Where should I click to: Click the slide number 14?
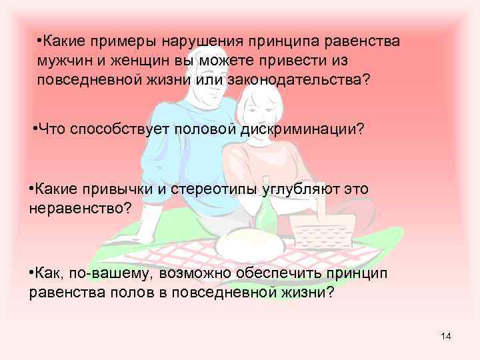click(445, 336)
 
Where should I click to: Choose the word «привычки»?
click(122, 189)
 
